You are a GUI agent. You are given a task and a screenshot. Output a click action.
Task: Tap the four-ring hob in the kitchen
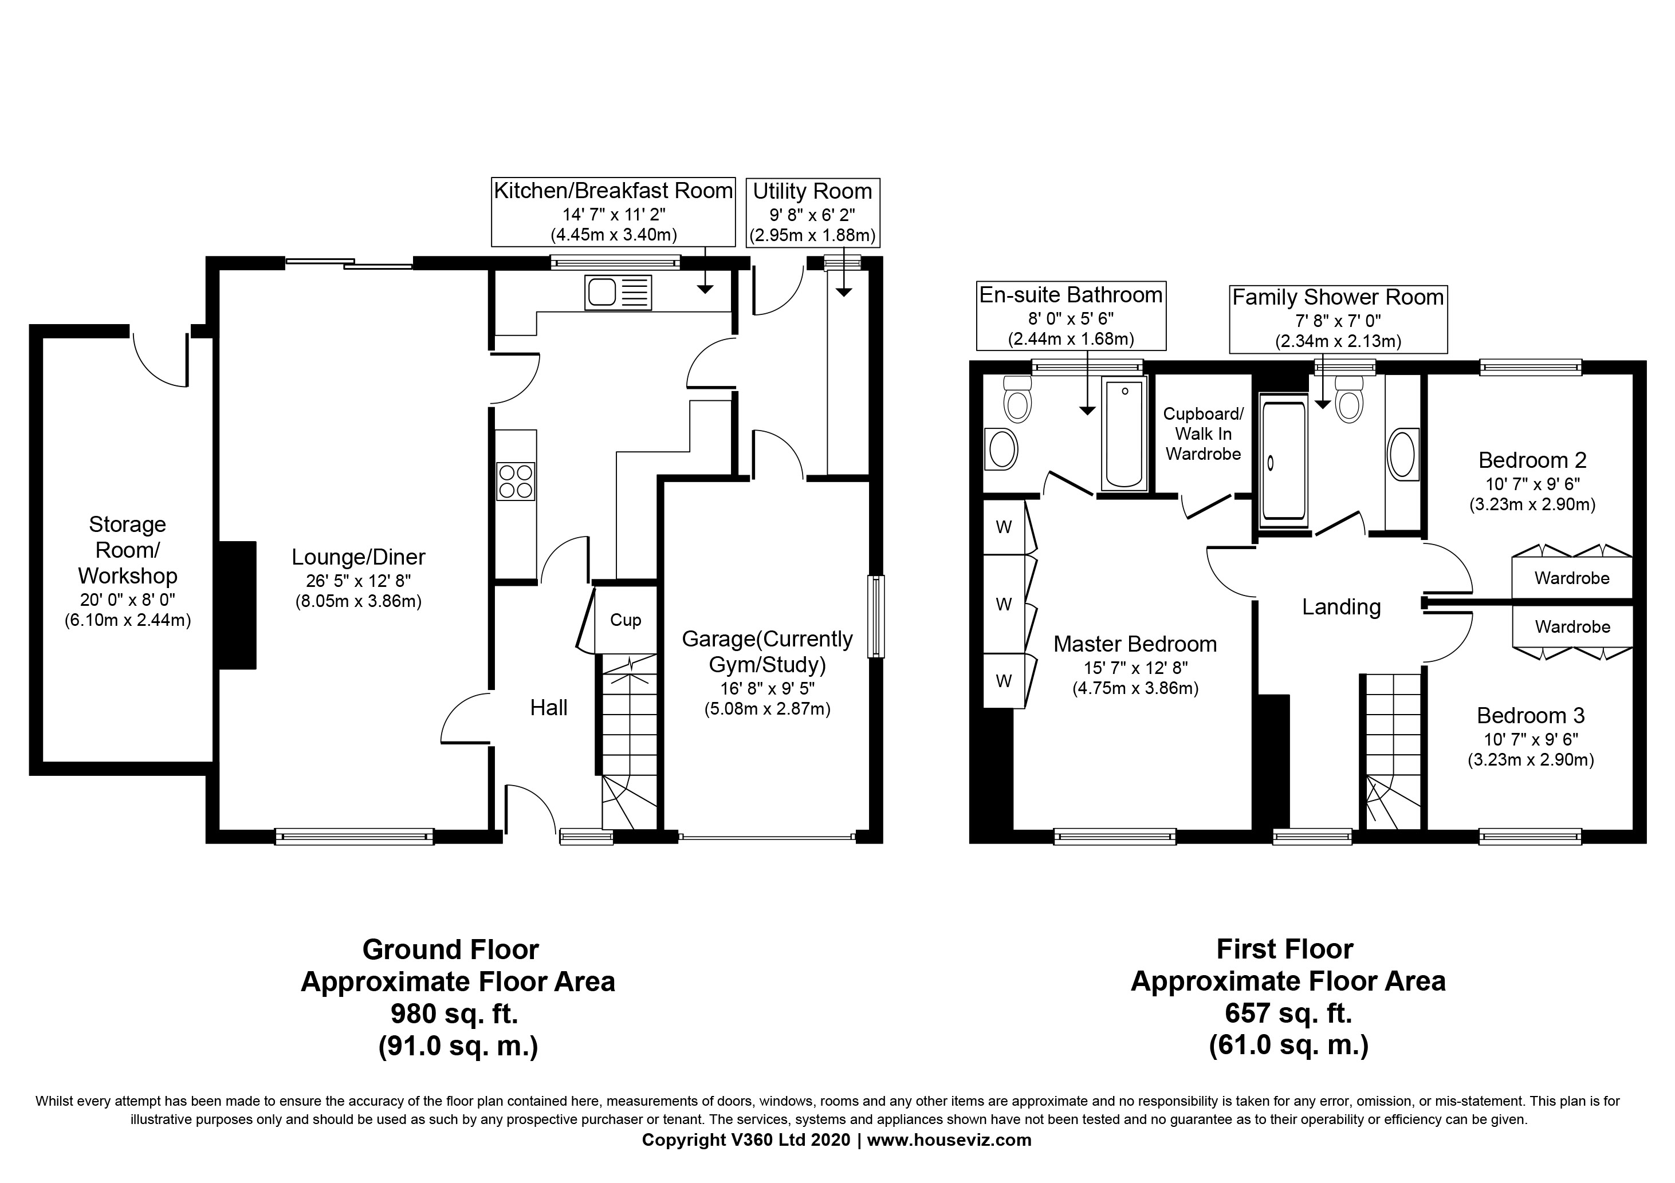[x=515, y=482]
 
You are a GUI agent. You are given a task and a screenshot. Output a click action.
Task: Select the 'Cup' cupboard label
[x=625, y=620]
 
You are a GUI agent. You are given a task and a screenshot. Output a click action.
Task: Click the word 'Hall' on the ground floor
[x=549, y=708]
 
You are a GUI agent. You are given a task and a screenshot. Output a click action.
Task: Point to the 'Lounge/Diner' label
[x=358, y=557]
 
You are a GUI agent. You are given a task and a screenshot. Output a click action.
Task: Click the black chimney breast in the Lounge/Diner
[x=238, y=605]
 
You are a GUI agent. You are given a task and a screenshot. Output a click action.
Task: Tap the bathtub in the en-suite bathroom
[x=1124, y=432]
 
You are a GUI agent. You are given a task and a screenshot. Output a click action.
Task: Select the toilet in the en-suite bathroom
[x=1017, y=398]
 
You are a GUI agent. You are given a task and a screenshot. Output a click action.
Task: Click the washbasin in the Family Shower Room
[x=1403, y=455]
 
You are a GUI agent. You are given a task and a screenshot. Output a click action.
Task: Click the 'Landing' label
[x=1342, y=607]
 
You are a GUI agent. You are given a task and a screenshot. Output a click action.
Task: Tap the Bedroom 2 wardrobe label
[x=1572, y=578]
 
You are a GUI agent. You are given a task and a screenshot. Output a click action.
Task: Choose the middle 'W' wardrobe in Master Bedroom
[x=1004, y=604]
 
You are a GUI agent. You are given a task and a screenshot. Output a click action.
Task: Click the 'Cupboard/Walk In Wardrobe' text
[x=1203, y=434]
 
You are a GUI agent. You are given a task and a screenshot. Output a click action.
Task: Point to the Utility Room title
[x=813, y=191]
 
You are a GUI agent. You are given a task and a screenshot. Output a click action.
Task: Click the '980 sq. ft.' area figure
[x=454, y=1014]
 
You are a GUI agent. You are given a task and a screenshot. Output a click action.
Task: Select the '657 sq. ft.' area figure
[x=1288, y=1013]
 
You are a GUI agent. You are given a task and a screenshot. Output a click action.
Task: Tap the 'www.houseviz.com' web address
[x=949, y=1140]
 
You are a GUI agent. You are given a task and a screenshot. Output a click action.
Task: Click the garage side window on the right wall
[x=876, y=617]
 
